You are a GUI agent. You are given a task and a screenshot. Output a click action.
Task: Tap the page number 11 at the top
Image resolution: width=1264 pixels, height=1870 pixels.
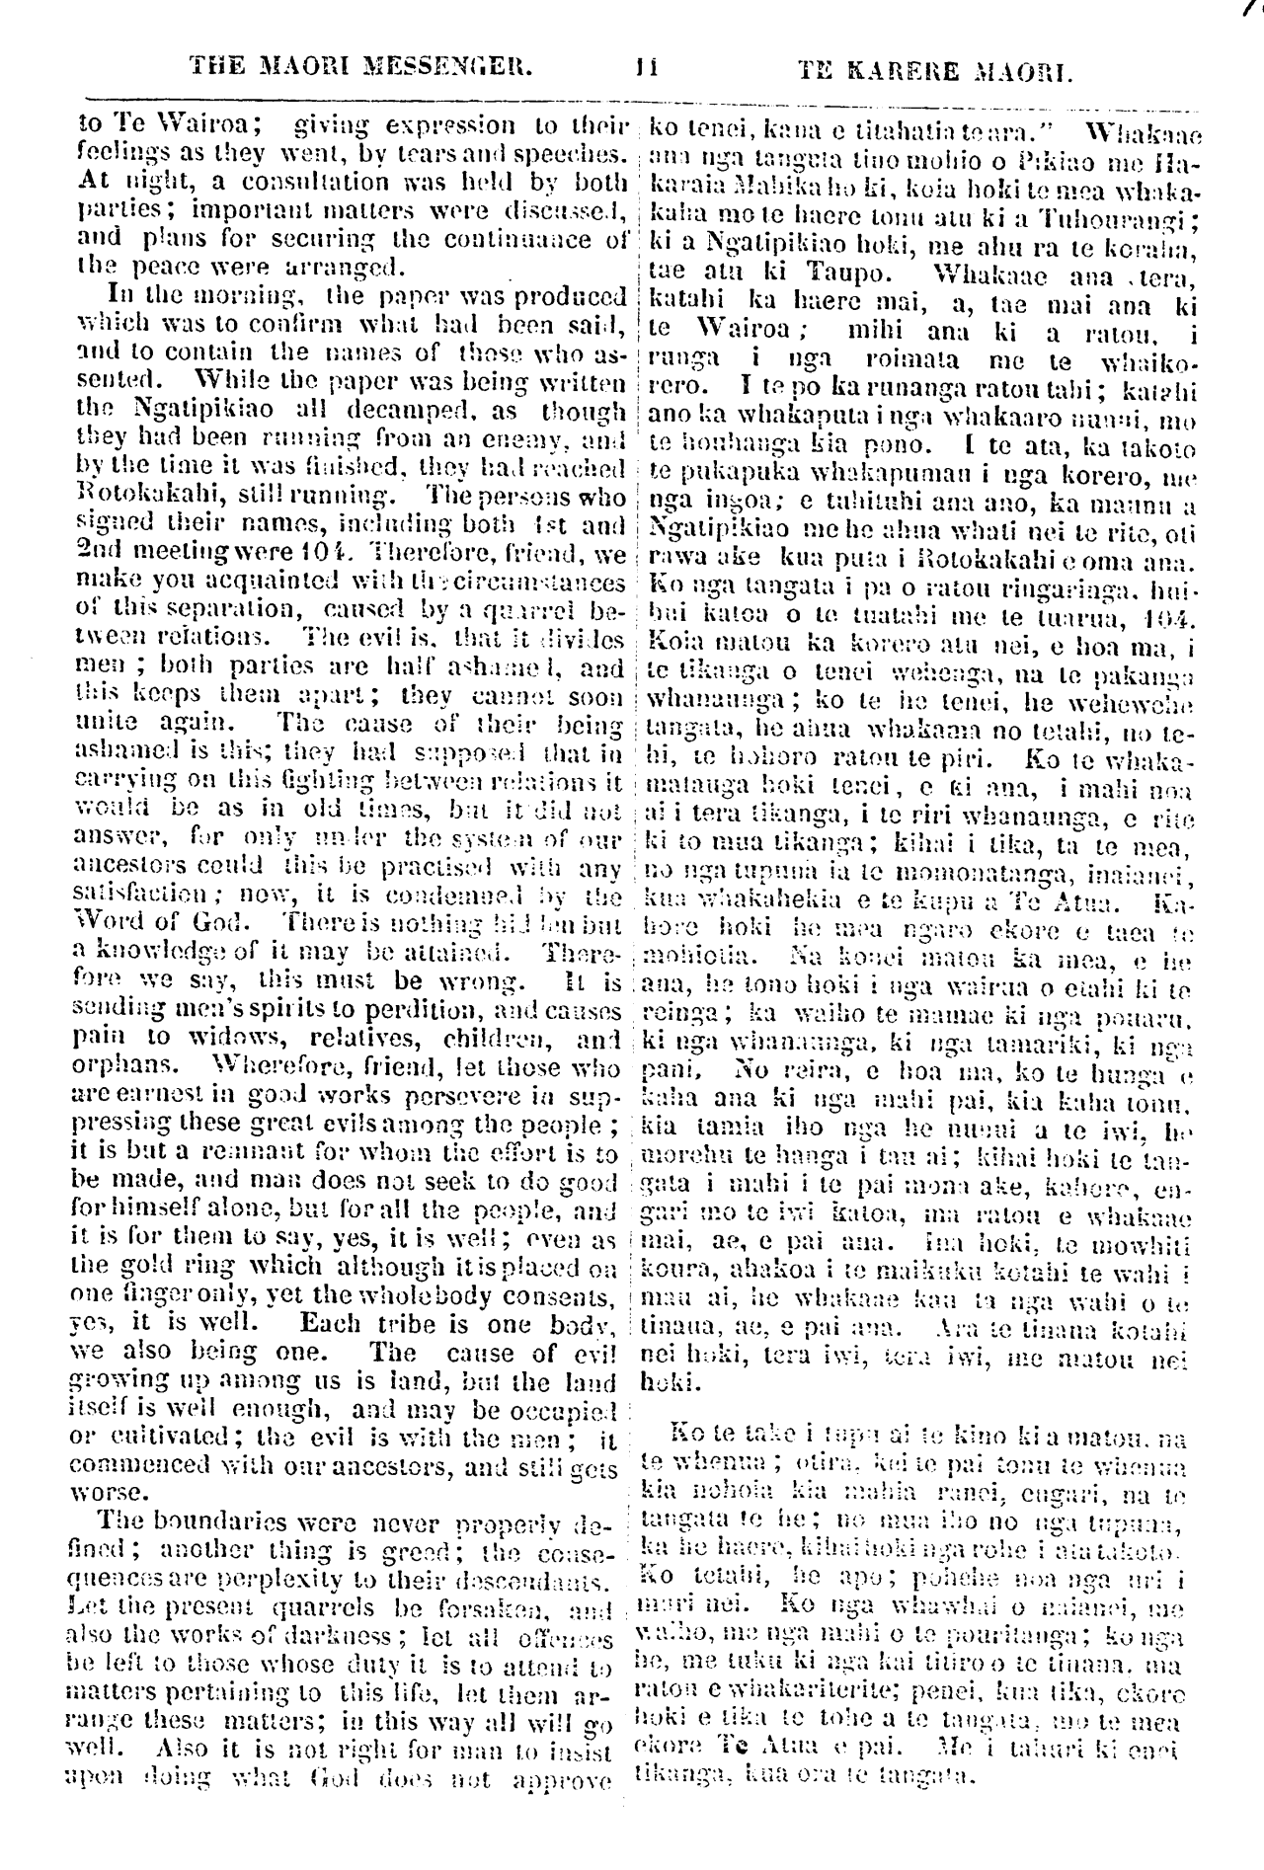[647, 70]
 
